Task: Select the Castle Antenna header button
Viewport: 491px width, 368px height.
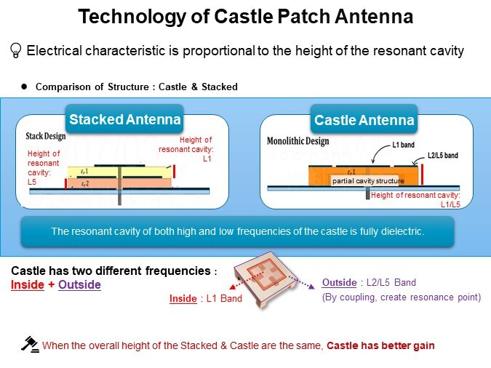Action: [364, 119]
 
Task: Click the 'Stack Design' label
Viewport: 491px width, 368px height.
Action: [45, 136]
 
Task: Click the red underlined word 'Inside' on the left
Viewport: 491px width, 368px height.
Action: [27, 285]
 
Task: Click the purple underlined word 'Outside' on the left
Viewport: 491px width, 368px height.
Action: [79, 285]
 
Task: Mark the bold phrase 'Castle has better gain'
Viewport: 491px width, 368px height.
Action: [380, 345]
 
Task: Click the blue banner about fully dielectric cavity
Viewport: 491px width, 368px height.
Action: [237, 231]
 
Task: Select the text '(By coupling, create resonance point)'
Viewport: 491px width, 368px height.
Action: [400, 297]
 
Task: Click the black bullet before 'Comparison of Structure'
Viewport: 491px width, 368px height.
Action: [24, 87]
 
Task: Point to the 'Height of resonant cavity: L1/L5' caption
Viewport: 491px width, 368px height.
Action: [415, 200]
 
